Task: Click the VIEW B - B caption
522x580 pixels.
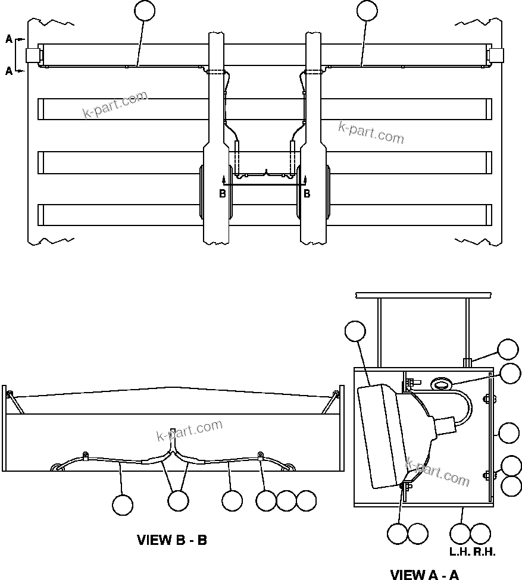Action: pyautogui.click(x=172, y=540)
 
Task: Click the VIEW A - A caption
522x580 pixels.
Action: pyautogui.click(x=424, y=574)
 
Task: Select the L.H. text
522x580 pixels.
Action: pyautogui.click(x=460, y=551)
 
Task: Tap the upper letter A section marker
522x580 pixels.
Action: pyautogui.click(x=9, y=39)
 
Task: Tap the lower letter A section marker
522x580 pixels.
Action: pyautogui.click(x=9, y=71)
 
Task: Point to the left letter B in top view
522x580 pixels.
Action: pyautogui.click(x=223, y=193)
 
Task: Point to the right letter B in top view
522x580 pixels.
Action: pyautogui.click(x=307, y=193)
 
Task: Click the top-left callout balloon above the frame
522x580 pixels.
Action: pyautogui.click(x=145, y=11)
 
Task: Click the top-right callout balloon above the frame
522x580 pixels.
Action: pyautogui.click(x=367, y=11)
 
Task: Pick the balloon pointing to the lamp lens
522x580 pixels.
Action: pyautogui.click(x=355, y=332)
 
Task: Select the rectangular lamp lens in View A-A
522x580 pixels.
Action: pyautogui.click(x=379, y=436)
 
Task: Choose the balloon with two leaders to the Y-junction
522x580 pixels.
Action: pyautogui.click(x=178, y=501)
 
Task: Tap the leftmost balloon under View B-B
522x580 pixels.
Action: pyautogui.click(x=123, y=504)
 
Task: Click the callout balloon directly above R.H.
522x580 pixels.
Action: pyautogui.click(x=480, y=532)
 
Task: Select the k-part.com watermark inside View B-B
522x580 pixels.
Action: pyautogui.click(x=189, y=430)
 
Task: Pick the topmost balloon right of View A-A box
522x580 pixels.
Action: pyautogui.click(x=508, y=350)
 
